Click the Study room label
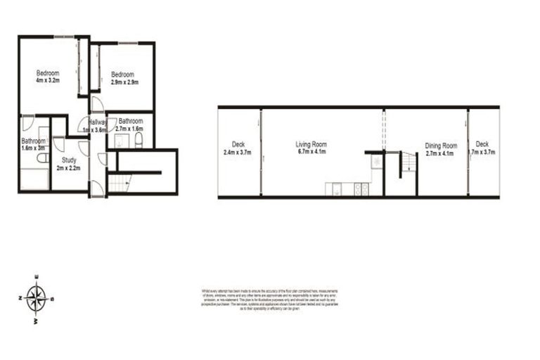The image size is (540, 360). coord(70,161)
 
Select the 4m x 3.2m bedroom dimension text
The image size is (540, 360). coord(48,82)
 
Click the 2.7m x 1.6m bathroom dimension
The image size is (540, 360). coord(130,129)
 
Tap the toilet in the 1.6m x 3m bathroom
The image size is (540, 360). coord(43,159)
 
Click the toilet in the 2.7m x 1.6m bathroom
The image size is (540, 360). coord(139,141)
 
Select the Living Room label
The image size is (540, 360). coord(311,145)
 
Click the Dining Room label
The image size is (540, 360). coord(441,146)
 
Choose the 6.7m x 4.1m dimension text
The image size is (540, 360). coord(311,153)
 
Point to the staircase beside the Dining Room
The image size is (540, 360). coord(409,165)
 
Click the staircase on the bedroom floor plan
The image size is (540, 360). coord(120,184)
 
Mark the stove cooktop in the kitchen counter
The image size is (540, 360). coord(361,188)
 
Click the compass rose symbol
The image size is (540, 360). coord(37,297)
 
